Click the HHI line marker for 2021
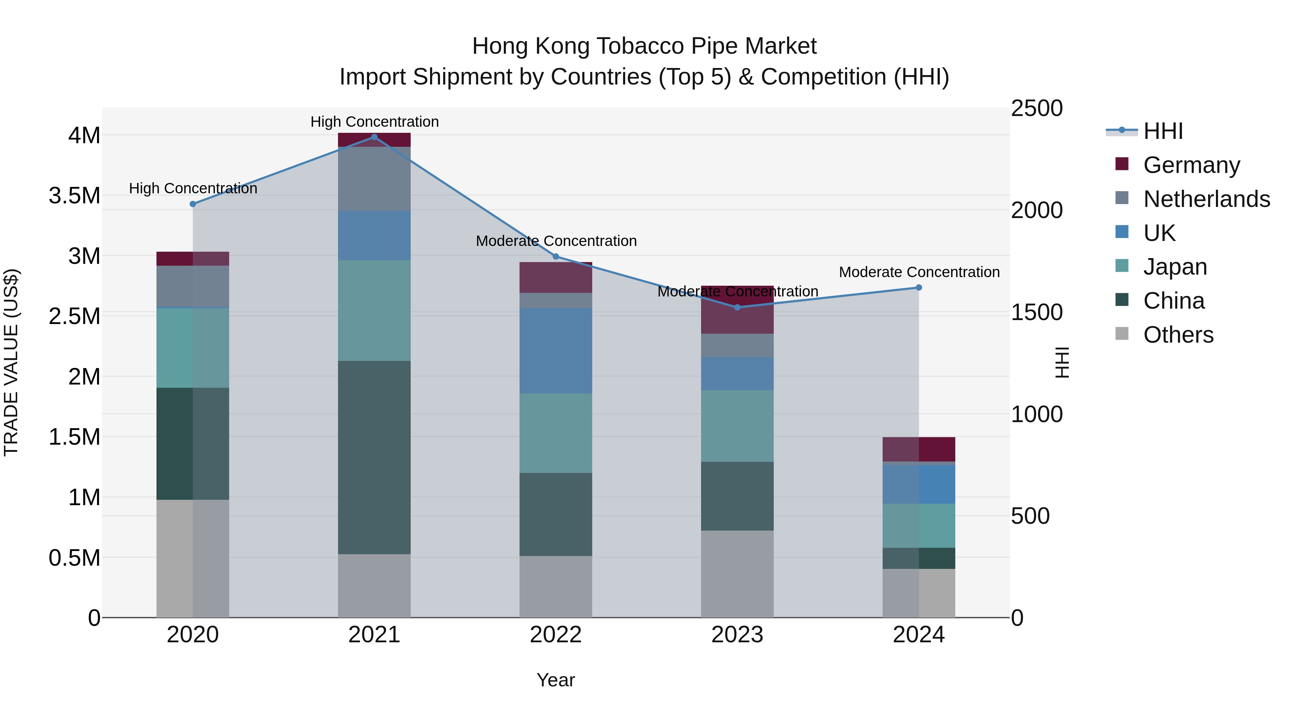(x=374, y=137)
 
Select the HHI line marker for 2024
(x=919, y=288)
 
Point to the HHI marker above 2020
(x=193, y=204)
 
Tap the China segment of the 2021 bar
(x=374, y=457)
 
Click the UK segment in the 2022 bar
(x=555, y=351)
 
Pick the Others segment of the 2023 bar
(x=737, y=574)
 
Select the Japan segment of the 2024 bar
(x=919, y=526)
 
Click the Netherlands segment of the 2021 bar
(x=374, y=179)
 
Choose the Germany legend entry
(x=1191, y=165)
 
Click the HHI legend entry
(x=1163, y=131)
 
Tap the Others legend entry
(x=1178, y=335)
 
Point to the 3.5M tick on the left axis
(x=74, y=195)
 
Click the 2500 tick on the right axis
(x=1036, y=108)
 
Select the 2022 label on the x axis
(x=555, y=635)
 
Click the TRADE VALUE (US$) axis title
(x=11, y=362)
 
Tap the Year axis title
(x=555, y=680)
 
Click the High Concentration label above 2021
(x=374, y=122)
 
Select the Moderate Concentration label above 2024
(x=919, y=272)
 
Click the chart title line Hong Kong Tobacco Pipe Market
(x=644, y=46)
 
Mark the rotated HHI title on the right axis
(x=1061, y=362)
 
